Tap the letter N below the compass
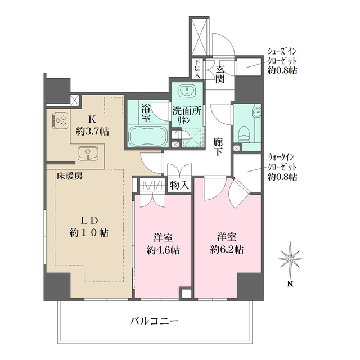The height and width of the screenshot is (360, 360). tap(291, 284)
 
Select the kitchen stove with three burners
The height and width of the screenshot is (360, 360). tap(61, 119)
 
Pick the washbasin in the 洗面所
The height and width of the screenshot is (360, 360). tap(186, 91)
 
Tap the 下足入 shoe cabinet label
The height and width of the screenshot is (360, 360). tap(197, 67)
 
